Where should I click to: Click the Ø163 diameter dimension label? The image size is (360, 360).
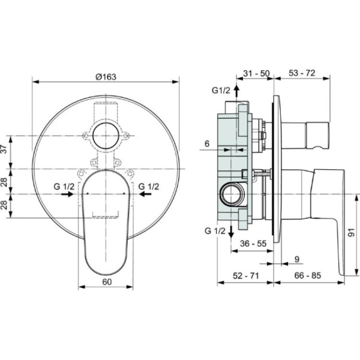tap(106, 77)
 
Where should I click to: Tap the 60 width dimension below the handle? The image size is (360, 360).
tap(107, 282)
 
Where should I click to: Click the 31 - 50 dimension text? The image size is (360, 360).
tap(256, 73)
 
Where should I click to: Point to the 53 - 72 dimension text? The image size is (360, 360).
tap(302, 73)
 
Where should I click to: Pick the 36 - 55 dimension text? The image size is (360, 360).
tap(253, 244)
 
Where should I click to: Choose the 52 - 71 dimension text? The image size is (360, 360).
tap(245, 275)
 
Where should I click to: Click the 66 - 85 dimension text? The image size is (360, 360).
tap(308, 275)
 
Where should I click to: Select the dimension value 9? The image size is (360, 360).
tap(297, 259)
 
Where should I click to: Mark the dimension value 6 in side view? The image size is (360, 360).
tap(207, 144)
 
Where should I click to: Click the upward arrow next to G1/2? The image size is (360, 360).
tap(237, 91)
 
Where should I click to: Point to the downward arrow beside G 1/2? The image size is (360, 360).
tap(231, 232)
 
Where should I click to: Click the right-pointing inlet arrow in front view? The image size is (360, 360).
tap(67, 194)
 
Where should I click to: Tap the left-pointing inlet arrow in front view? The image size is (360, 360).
tap(145, 194)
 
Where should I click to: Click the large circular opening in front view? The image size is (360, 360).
tap(106, 136)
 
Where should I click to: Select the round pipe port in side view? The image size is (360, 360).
tap(232, 193)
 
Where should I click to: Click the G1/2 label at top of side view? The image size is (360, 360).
tap(221, 91)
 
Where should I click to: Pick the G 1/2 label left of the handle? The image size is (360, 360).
tap(64, 187)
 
